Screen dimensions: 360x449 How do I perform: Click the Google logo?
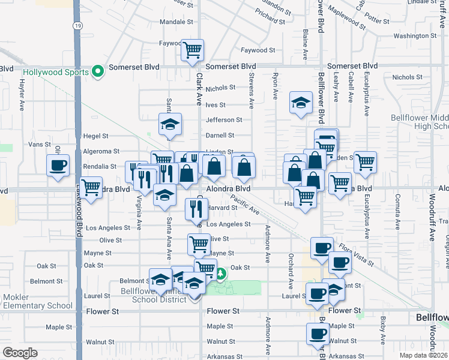tap(20, 352)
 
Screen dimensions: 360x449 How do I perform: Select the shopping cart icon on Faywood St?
tap(192, 50)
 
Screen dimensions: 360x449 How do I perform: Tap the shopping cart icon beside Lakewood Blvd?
tap(91, 187)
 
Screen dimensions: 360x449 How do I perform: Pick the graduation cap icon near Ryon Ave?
tap(301, 102)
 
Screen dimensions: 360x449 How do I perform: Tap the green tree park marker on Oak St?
tap(221, 274)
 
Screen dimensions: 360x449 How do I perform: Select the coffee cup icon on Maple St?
tap(318, 333)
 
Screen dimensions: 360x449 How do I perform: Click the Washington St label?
tap(414, 36)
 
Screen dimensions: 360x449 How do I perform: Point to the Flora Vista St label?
tap(355, 253)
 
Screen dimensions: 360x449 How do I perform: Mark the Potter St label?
tap(377, 20)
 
